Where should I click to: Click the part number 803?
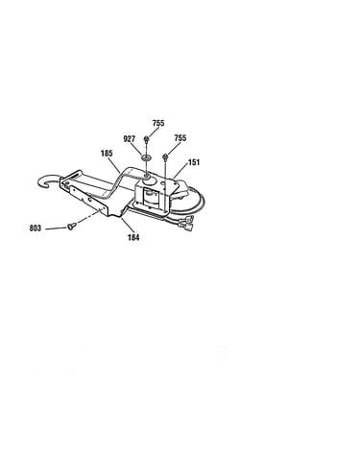(x=36, y=228)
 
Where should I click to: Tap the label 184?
(x=133, y=237)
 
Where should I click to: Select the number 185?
(x=107, y=154)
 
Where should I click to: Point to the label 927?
(x=130, y=139)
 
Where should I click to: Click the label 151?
(x=194, y=162)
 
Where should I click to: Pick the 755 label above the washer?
(x=158, y=123)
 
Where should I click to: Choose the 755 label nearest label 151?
(x=180, y=138)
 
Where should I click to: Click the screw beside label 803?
(x=71, y=227)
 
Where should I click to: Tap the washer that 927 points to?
(x=147, y=157)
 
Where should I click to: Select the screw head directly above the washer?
(x=146, y=138)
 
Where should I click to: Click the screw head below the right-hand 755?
(x=165, y=156)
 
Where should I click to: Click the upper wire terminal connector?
(x=188, y=219)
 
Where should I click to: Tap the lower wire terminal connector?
(x=188, y=227)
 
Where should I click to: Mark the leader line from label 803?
(x=56, y=228)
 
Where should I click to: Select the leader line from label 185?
(x=115, y=166)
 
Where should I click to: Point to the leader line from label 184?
(x=128, y=226)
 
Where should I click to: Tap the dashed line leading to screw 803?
(x=88, y=216)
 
